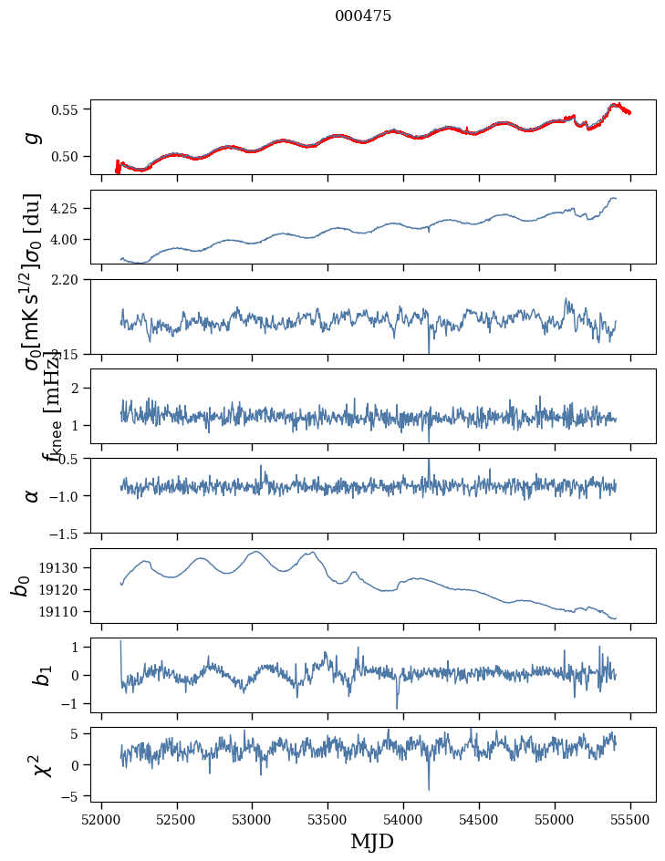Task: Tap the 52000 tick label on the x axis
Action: (x=101, y=819)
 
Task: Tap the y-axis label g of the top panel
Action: (x=33, y=138)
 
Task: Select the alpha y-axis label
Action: (x=33, y=495)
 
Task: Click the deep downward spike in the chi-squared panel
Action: (x=429, y=788)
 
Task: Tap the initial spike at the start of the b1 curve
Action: (x=120, y=642)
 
